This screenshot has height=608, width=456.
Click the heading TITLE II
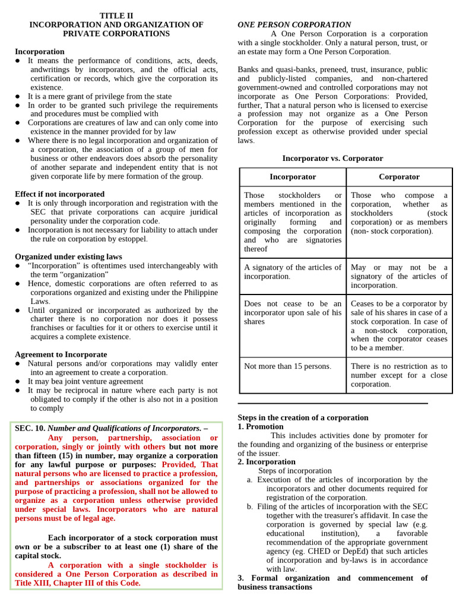point(116,15)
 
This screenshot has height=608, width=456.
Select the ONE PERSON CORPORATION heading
point(294,24)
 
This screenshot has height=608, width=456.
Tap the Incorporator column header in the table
point(293,176)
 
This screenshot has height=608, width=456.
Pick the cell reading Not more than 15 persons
point(287,366)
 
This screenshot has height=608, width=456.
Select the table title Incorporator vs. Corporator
point(332,159)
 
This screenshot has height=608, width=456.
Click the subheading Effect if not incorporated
point(59,194)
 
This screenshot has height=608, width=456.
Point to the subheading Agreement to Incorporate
point(61,354)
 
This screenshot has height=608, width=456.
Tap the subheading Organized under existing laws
point(68,256)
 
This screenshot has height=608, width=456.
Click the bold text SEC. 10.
point(30,428)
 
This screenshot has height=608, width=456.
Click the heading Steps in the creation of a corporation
point(303,417)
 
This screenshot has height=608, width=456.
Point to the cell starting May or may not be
point(399,276)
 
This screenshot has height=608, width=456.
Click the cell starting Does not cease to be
point(293,312)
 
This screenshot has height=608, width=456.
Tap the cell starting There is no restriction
point(399,375)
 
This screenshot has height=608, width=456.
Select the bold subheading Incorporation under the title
point(40,52)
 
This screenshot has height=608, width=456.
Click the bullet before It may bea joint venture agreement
point(18,381)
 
